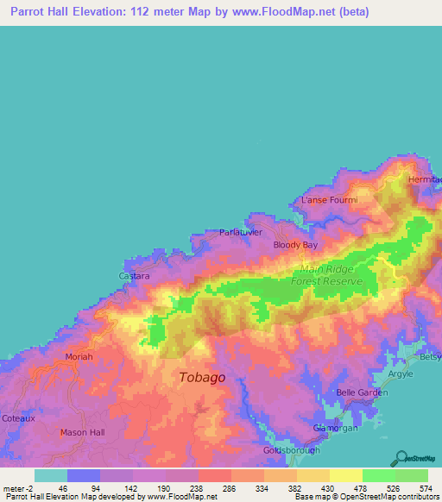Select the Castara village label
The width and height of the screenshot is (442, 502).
coord(134,276)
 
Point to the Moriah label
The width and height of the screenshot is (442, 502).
coord(79,356)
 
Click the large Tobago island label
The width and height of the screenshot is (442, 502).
coord(202,377)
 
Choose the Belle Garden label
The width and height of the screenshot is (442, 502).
coord(361,392)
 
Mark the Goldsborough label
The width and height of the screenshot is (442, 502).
coord(291,450)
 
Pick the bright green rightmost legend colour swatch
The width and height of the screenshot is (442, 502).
coord(412,475)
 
